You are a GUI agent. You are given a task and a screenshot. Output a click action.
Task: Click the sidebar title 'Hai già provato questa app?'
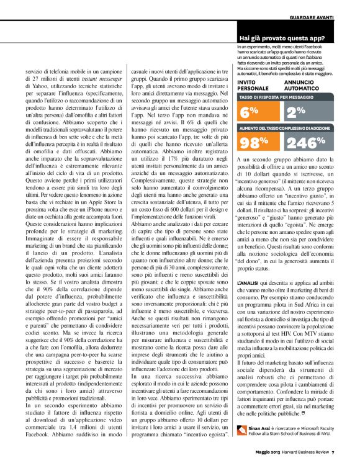point(282,38)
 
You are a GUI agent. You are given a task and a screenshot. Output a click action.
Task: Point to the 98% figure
point(254,142)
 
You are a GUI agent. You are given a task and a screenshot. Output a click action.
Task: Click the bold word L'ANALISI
point(246,265)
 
